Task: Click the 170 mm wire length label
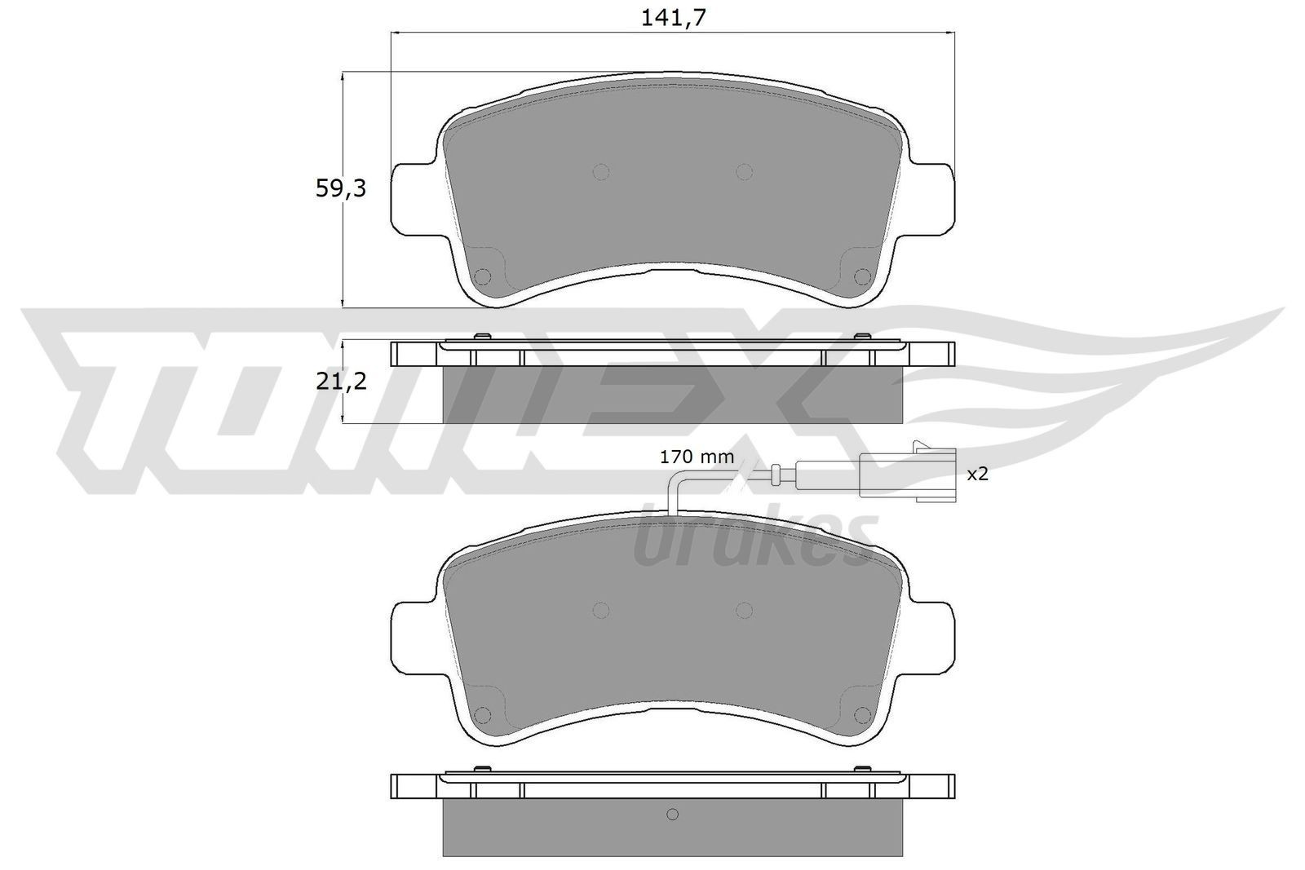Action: tap(697, 457)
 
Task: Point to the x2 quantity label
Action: tap(977, 474)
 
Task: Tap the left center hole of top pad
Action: tap(601, 171)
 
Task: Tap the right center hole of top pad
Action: tap(743, 171)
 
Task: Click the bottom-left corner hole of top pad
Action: tap(483, 276)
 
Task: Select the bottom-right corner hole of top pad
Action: tap(861, 276)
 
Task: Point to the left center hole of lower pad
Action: tap(601, 610)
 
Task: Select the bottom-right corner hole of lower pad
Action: tap(861, 715)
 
